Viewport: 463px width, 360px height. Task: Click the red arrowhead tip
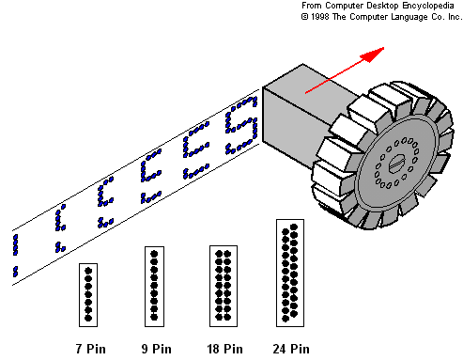click(x=384, y=48)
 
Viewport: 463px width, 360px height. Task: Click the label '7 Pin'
click(x=91, y=349)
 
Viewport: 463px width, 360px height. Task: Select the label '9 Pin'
click(x=156, y=349)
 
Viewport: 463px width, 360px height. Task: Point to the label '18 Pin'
click(x=224, y=349)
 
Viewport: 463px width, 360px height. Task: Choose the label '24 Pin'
click(x=291, y=349)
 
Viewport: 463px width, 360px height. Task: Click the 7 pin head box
click(x=88, y=295)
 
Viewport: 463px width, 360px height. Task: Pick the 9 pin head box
click(x=154, y=287)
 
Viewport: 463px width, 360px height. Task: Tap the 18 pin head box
click(x=224, y=286)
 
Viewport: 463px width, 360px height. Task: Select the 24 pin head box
click(x=290, y=273)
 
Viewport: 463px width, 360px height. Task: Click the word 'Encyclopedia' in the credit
click(x=428, y=6)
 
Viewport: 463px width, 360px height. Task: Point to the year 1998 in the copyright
click(x=320, y=17)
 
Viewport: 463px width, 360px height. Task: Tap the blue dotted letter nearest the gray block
click(x=241, y=125)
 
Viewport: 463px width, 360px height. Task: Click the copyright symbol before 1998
click(x=304, y=17)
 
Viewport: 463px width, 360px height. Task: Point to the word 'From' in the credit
click(x=312, y=6)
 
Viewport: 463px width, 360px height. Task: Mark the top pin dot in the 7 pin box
click(x=88, y=271)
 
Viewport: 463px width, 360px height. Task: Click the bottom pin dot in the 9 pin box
click(x=154, y=317)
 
